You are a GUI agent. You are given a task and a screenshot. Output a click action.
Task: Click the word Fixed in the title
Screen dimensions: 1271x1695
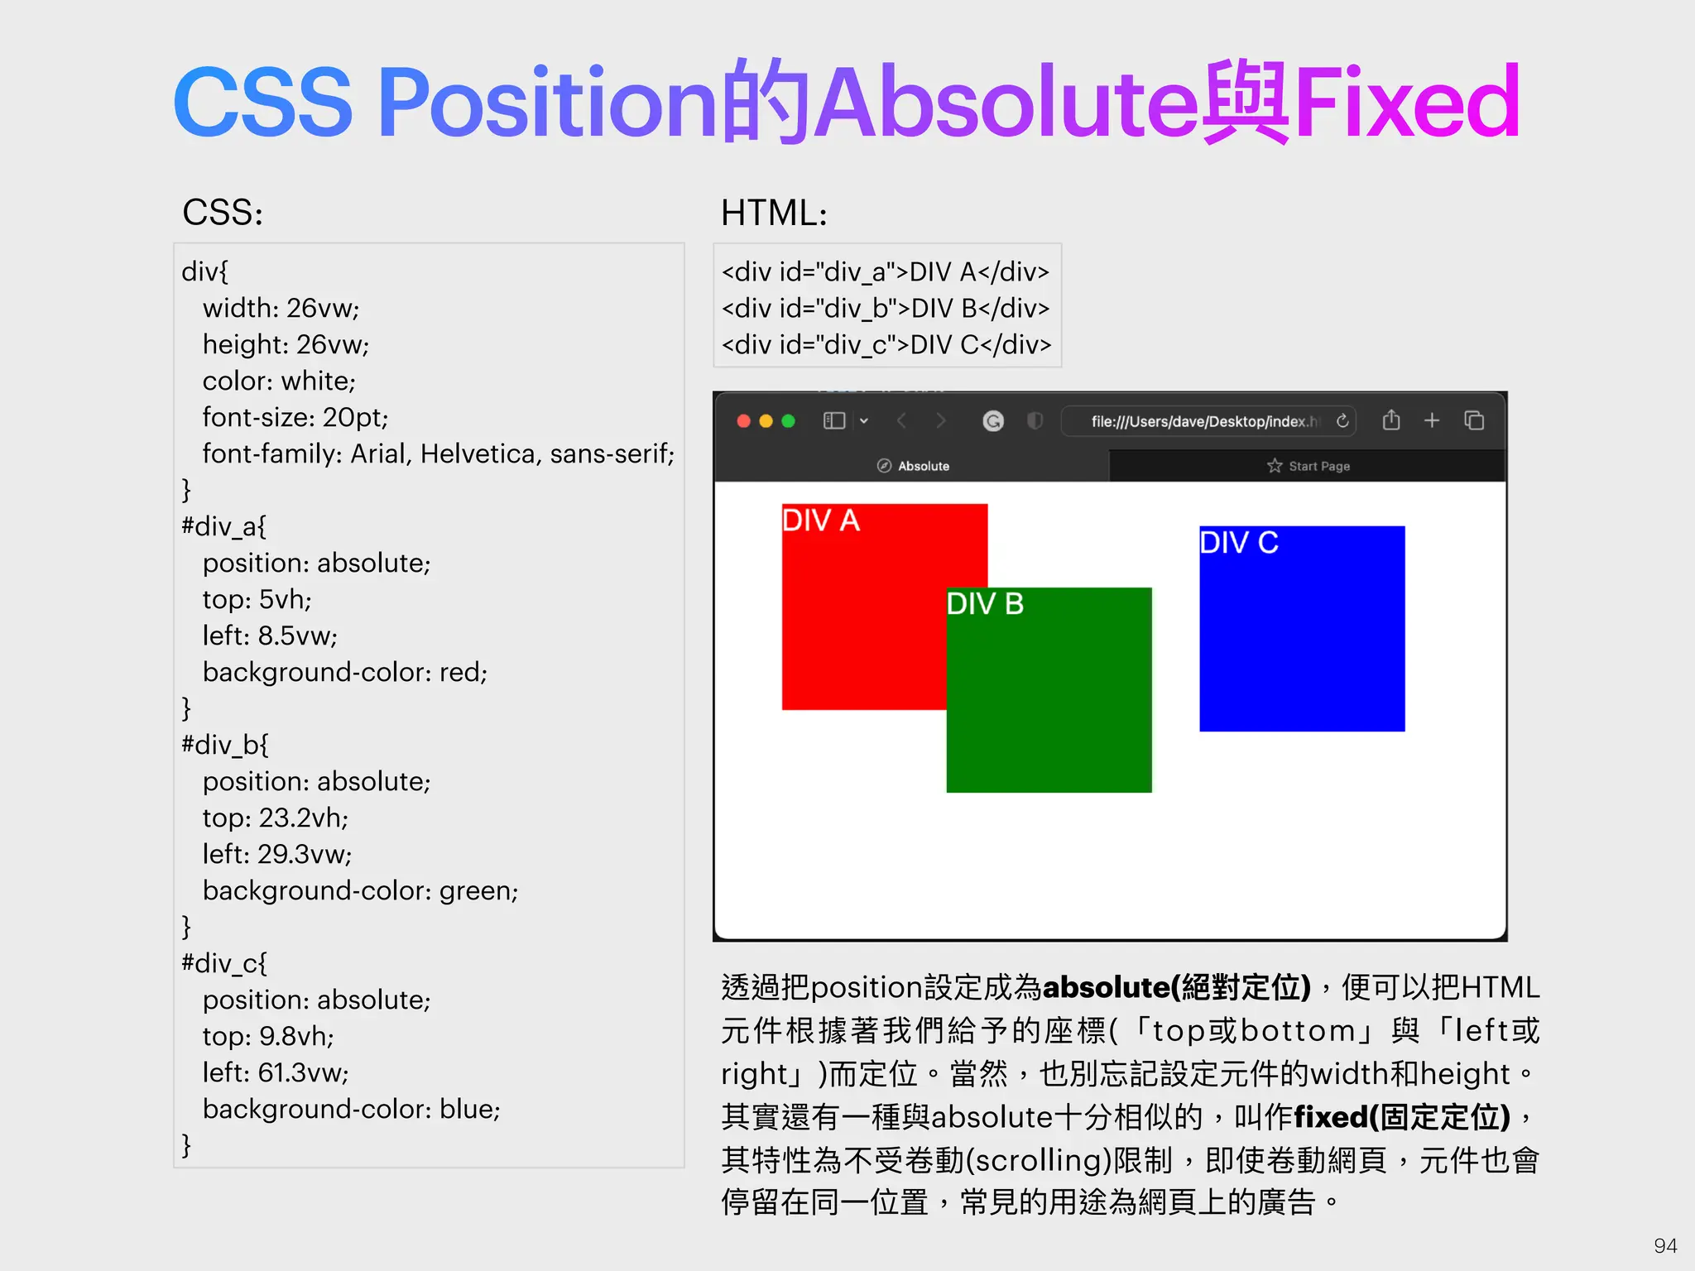tap(1407, 103)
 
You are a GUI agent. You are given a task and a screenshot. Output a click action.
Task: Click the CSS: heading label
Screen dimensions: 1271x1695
tap(223, 213)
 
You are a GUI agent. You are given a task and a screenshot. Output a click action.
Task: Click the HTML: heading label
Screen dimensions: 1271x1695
tap(774, 213)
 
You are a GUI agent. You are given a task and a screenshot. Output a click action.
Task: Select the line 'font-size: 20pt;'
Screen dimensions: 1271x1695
tap(295, 417)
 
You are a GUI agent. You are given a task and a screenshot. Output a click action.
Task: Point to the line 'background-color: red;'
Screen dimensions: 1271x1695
tap(345, 672)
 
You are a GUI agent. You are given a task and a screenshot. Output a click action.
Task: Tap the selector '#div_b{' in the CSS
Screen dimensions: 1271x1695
tap(225, 745)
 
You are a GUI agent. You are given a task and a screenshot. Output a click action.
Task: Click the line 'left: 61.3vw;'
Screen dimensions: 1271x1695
tap(276, 1072)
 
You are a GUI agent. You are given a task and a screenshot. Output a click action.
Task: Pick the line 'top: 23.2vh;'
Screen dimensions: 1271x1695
tap(276, 818)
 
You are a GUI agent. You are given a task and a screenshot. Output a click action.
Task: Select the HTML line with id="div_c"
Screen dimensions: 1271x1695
tap(886, 344)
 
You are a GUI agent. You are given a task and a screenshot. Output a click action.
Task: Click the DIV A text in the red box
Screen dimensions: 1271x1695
tap(821, 520)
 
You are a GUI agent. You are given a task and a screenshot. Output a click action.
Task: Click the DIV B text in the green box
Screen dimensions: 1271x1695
tap(985, 604)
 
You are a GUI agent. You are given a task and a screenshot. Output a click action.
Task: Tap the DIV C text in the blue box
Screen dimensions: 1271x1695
tap(1239, 543)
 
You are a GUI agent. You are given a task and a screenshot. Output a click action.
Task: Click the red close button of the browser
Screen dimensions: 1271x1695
tap(743, 421)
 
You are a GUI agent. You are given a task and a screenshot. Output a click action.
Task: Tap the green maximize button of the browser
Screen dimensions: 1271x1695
tap(788, 421)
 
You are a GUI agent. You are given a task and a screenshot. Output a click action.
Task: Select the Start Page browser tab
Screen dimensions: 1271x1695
tap(1308, 466)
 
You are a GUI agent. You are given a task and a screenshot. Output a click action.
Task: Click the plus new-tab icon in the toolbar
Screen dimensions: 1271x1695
tap(1432, 420)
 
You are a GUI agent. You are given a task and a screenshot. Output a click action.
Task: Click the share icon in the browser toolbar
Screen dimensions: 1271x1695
tap(1391, 420)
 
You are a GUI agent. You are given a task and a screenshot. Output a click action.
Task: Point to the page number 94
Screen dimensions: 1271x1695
tap(1665, 1245)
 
